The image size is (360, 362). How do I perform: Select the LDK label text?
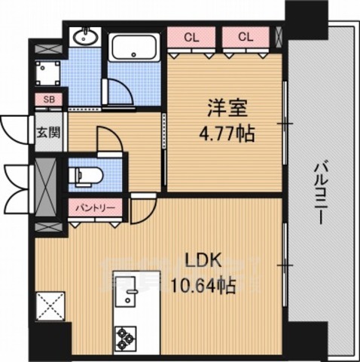coord(203,261)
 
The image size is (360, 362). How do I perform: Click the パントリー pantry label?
coord(93,205)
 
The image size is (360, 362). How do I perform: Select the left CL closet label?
coord(192,36)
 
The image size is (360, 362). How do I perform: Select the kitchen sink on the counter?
coord(130,290)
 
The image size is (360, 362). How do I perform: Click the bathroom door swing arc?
coord(121,91)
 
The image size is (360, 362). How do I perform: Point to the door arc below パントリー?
coord(141,211)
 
